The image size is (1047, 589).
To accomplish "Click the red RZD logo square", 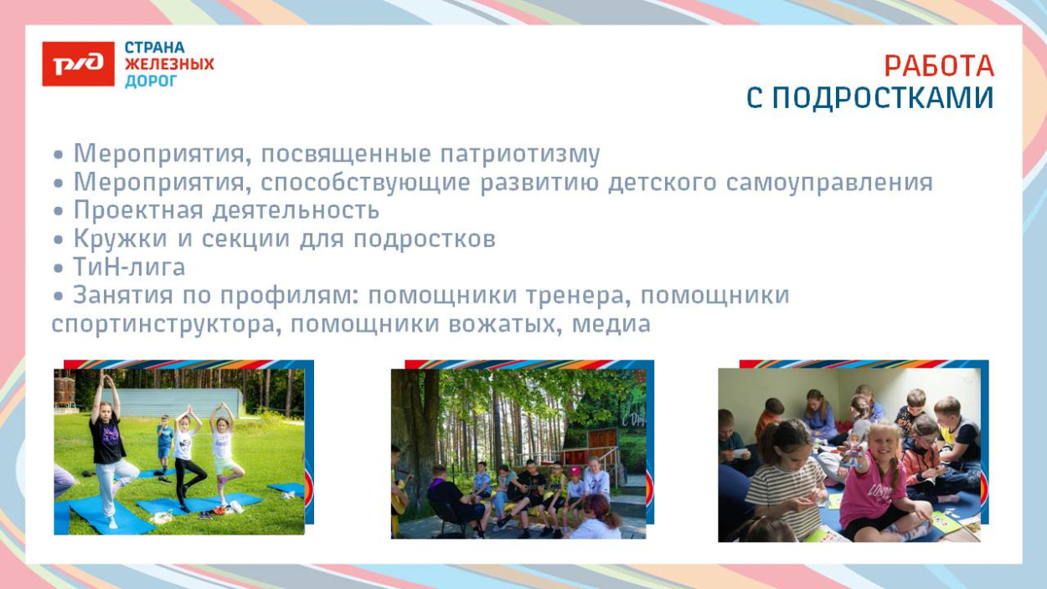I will [x=78, y=64].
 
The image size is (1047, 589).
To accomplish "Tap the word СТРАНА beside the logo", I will [x=155, y=48].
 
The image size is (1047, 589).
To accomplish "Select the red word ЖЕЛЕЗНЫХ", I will [x=169, y=64].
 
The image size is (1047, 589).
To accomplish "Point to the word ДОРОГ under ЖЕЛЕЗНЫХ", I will [x=151, y=81].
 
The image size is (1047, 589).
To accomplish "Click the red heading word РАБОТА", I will [x=939, y=66].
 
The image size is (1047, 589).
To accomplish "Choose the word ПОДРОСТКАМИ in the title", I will [x=883, y=99].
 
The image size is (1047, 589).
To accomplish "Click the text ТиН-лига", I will [x=129, y=267].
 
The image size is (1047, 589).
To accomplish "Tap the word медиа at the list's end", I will [x=611, y=324].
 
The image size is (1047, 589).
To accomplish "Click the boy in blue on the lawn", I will [x=165, y=440].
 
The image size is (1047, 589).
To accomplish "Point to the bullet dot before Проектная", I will [x=59, y=211].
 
